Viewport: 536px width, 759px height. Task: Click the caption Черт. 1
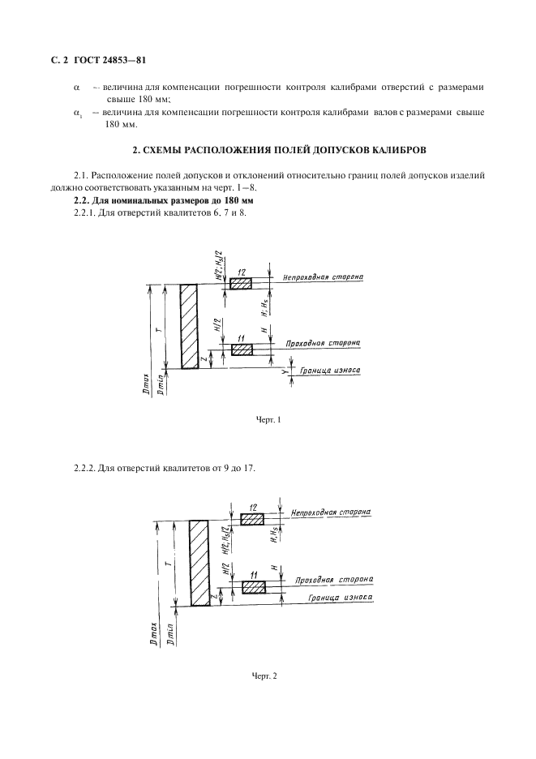(268, 419)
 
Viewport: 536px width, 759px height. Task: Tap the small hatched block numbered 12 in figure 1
(241, 284)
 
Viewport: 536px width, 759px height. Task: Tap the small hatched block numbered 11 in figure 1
(242, 349)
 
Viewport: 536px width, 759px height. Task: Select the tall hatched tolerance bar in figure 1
(189, 327)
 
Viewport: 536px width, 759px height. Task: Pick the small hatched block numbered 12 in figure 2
(251, 519)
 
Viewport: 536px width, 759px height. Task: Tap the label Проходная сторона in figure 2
(334, 580)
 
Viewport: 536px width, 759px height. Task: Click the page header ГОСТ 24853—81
(109, 60)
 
